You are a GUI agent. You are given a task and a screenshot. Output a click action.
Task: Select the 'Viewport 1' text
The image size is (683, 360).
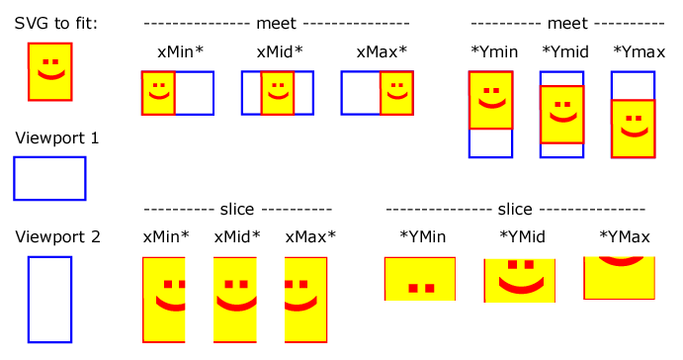click(x=56, y=138)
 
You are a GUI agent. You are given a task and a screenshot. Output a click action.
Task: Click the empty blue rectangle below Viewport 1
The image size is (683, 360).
click(x=49, y=178)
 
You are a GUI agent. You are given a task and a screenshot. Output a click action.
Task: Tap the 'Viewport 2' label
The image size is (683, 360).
click(x=57, y=237)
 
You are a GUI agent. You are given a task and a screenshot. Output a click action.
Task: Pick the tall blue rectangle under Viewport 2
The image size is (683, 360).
click(x=49, y=300)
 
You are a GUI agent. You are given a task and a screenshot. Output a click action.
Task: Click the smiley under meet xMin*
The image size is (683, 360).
click(x=158, y=94)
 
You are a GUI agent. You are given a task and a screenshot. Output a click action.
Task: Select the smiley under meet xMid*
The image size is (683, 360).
click(x=278, y=94)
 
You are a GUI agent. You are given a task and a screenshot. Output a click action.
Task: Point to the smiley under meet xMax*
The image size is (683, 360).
click(x=395, y=94)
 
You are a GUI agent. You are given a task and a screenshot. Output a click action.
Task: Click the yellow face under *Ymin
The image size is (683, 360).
click(x=490, y=101)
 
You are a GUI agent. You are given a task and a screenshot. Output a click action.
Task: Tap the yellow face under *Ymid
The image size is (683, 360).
click(x=561, y=115)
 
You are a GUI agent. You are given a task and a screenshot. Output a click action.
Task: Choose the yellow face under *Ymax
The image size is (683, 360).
click(x=633, y=130)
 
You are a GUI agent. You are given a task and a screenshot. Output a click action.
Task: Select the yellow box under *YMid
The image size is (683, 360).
click(x=519, y=280)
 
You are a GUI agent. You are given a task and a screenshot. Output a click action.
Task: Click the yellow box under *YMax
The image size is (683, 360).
click(x=619, y=278)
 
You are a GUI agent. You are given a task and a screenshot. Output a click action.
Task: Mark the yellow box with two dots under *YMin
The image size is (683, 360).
click(x=420, y=278)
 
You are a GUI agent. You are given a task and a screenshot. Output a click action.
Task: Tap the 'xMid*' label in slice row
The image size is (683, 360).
click(x=237, y=237)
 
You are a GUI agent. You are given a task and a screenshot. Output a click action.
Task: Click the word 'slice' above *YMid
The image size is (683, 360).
click(x=515, y=210)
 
